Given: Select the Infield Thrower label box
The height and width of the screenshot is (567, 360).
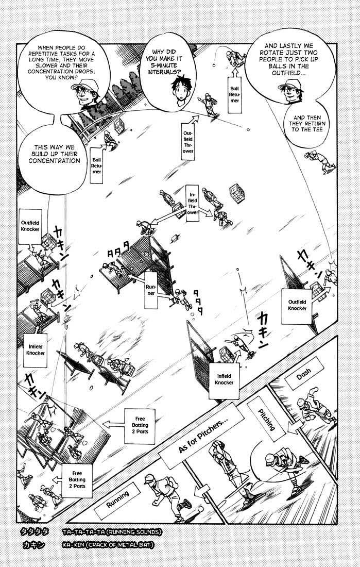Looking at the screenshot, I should tap(194, 204).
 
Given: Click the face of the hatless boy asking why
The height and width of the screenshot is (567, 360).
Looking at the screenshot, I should tap(181, 91).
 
